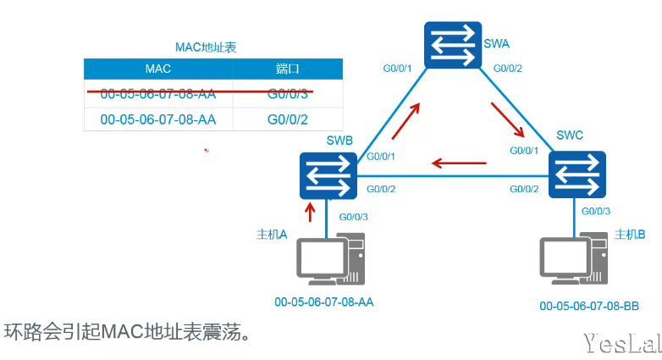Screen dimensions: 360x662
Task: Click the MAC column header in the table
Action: [158, 69]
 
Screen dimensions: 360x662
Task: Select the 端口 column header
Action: [288, 69]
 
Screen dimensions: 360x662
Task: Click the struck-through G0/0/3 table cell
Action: [288, 92]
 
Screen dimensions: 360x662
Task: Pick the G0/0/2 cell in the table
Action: [288, 119]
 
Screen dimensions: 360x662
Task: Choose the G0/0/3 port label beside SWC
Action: [597, 210]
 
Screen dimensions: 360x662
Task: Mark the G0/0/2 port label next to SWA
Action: [508, 68]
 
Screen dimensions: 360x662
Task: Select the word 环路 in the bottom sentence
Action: [21, 331]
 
